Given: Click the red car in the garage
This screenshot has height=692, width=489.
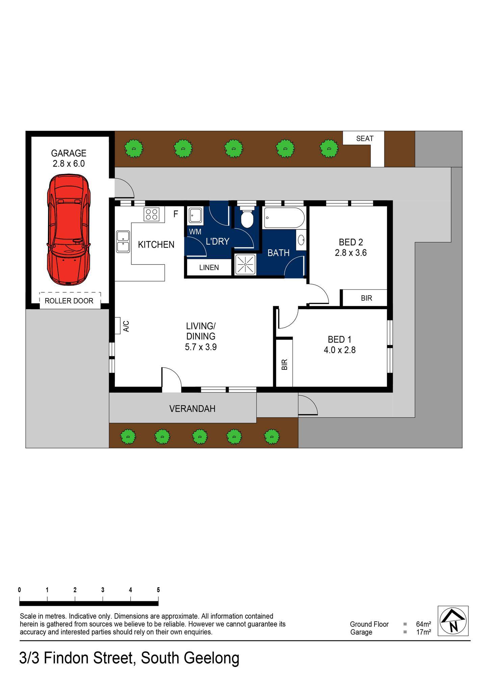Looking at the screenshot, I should pos(69,230).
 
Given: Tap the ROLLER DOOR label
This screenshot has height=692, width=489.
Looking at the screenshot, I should pos(69,301).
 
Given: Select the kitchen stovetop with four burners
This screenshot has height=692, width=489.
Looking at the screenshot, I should pos(152,214).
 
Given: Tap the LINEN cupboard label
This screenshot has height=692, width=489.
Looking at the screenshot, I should pos(209,268).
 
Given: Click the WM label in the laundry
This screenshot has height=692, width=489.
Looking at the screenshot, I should pos(195,232).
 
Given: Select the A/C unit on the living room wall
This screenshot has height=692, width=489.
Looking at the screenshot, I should pos(118,325).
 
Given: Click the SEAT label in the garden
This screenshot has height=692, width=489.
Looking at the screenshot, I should pos(365,139).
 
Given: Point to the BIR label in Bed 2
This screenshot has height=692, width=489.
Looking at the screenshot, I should pos(366,298).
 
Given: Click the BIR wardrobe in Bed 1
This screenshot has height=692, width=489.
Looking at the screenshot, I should pos(284,364).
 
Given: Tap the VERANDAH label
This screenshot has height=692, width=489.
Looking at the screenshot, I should pos(192,409).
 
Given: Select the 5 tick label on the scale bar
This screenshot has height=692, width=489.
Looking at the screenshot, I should pos(158,590).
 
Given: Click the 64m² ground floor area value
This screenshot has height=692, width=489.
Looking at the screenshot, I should pos(424,624).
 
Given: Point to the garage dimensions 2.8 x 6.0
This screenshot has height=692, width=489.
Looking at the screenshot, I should pos(69,164).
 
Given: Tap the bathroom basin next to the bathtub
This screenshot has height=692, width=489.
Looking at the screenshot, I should pos(301,240).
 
